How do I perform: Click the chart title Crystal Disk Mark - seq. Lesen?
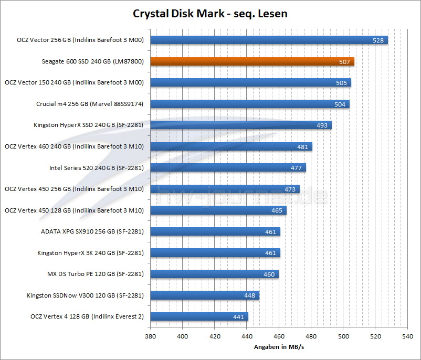click(x=210, y=13)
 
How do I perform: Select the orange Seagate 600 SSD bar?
click(x=252, y=61)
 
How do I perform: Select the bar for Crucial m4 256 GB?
click(x=249, y=104)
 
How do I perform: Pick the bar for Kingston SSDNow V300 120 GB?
click(x=205, y=295)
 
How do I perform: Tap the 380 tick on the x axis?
click(x=151, y=336)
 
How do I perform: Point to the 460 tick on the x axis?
click(x=279, y=336)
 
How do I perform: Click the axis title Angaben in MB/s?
click(x=279, y=347)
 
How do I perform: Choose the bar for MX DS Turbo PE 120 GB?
click(x=215, y=274)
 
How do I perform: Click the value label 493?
click(x=323, y=125)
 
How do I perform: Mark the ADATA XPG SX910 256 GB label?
click(x=92, y=231)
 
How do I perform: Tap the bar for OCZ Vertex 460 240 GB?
click(x=231, y=146)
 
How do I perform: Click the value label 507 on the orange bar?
click(x=345, y=61)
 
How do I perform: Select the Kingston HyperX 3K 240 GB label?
click(x=90, y=253)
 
